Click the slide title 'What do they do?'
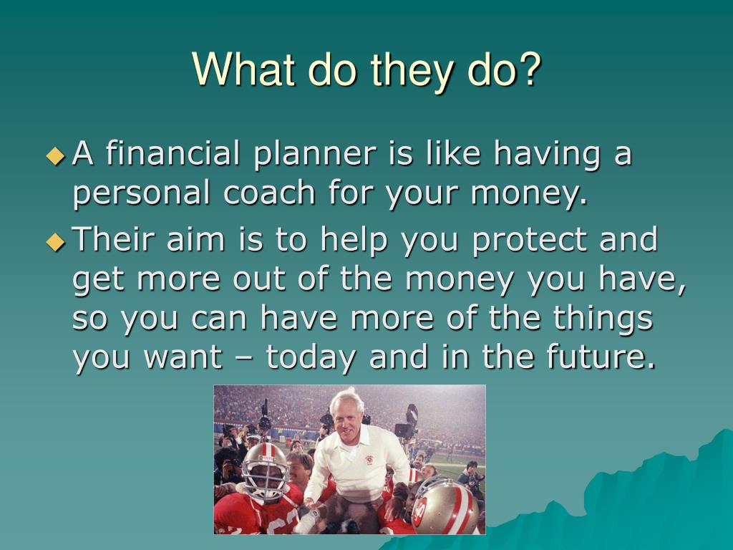coord(366,70)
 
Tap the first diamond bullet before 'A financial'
coord(55,155)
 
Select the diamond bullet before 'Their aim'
coord(55,242)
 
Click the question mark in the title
coord(529,69)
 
